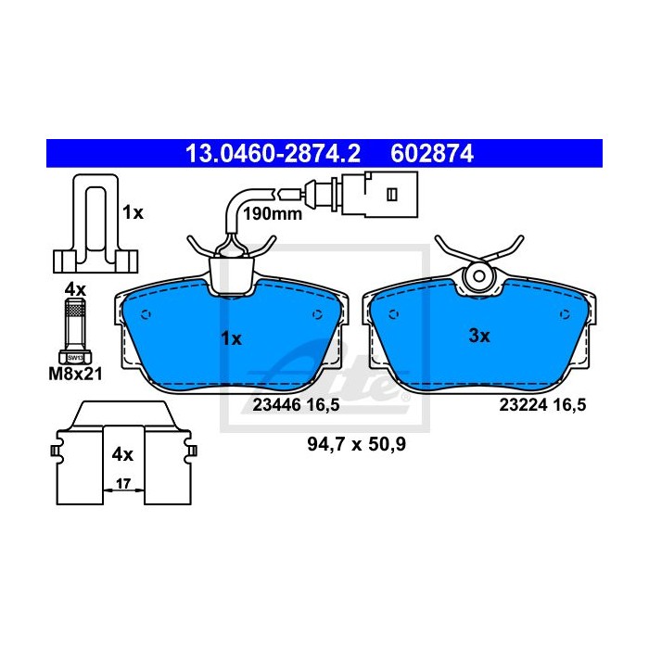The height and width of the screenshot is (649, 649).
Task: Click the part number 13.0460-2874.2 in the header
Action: click(274, 154)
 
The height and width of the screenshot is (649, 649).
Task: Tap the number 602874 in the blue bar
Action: click(432, 154)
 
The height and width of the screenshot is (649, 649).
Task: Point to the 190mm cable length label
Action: click(273, 214)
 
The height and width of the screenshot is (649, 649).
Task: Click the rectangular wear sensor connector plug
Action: click(379, 194)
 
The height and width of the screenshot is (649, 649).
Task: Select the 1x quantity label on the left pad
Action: click(232, 339)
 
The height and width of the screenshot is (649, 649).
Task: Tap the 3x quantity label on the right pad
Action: click(479, 336)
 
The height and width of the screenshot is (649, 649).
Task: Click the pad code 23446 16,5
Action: click(296, 405)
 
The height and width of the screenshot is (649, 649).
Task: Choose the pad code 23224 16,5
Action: click(542, 405)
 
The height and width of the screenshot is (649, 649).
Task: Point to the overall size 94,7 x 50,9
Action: click(357, 444)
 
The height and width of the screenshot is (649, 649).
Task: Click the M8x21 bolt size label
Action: click(75, 375)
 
